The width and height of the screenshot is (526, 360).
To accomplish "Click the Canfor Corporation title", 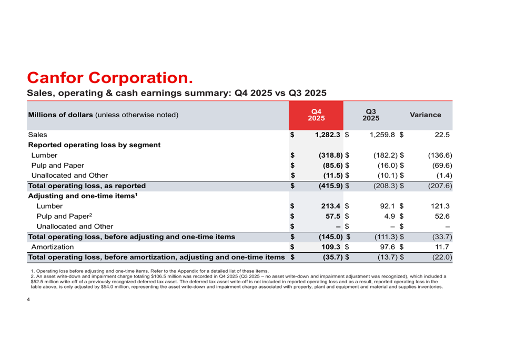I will click(x=109, y=78).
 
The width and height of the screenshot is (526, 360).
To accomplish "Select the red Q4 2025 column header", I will click(x=316, y=115).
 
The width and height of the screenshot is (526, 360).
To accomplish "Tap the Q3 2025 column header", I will click(x=371, y=115).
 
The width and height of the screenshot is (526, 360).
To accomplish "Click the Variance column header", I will click(x=425, y=115).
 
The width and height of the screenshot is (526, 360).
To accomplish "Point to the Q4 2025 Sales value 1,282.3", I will click(x=329, y=135).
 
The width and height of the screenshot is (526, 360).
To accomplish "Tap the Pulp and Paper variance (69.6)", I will click(x=440, y=166).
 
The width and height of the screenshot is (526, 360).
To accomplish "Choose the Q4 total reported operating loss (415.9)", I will click(x=331, y=186).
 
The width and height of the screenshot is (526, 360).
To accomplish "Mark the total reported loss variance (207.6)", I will click(x=438, y=186).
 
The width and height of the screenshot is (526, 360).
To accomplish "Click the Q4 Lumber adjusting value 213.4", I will click(x=330, y=207).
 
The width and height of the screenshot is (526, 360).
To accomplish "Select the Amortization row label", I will click(x=52, y=247).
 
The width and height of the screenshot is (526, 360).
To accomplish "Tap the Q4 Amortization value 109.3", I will click(x=330, y=247).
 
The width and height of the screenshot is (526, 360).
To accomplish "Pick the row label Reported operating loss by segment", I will click(x=94, y=145).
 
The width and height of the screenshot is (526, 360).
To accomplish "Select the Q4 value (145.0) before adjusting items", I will click(x=331, y=237).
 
